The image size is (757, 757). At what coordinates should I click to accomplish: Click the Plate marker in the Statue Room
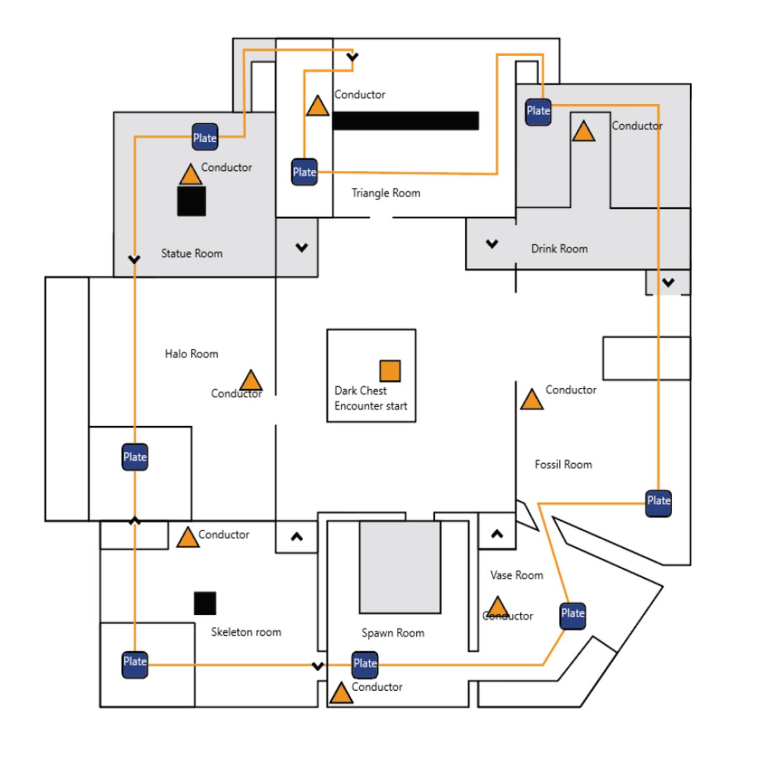205,137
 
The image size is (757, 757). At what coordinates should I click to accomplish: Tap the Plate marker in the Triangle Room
305,172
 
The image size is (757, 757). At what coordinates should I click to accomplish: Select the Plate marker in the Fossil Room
658,501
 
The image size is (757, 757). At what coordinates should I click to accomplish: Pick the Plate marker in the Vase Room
572,614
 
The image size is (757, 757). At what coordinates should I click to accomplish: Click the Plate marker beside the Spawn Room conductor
365,664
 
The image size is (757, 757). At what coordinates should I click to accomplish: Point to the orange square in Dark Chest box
390,371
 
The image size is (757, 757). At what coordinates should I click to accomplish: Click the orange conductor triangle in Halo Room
251,381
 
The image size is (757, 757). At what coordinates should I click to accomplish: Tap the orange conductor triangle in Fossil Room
532,400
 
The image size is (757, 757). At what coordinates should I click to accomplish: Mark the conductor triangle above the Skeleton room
188,538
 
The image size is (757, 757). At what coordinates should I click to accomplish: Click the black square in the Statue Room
192,201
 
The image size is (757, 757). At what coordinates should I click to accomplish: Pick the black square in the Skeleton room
205,603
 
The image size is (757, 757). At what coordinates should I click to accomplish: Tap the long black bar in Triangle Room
406,121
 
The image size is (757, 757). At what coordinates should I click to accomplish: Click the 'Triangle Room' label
386,193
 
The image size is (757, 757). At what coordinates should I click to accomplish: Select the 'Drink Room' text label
559,248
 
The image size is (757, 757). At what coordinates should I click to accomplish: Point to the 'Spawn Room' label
393,633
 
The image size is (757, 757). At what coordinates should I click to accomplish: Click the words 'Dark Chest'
360,390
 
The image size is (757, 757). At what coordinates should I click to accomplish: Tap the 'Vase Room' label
516,575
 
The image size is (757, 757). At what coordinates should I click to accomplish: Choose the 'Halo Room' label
191,354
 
